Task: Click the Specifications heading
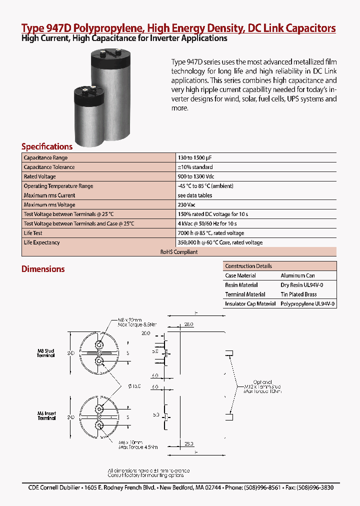[x=47, y=146]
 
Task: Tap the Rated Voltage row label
[x=40, y=176]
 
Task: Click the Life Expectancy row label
[x=42, y=242]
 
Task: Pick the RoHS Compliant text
[x=179, y=252]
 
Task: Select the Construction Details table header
[x=248, y=266]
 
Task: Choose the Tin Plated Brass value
[x=298, y=294]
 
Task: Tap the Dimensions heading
[x=43, y=269]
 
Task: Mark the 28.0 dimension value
[x=188, y=324]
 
